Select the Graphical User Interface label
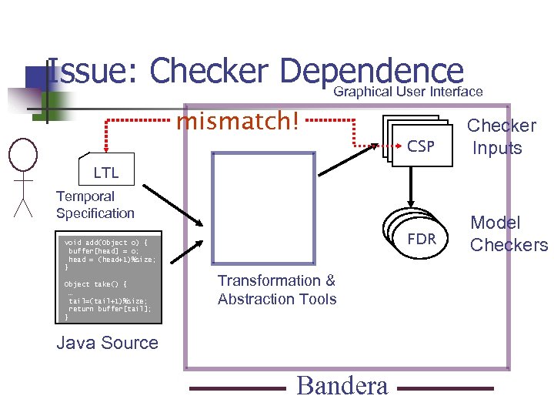point(408,92)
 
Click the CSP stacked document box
point(415,143)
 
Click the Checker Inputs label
point(502,136)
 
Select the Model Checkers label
point(509,234)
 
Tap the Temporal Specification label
point(95,205)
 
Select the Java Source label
point(108,344)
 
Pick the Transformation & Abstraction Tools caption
point(277,290)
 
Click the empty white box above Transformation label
point(263,209)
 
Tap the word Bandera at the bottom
point(342,386)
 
